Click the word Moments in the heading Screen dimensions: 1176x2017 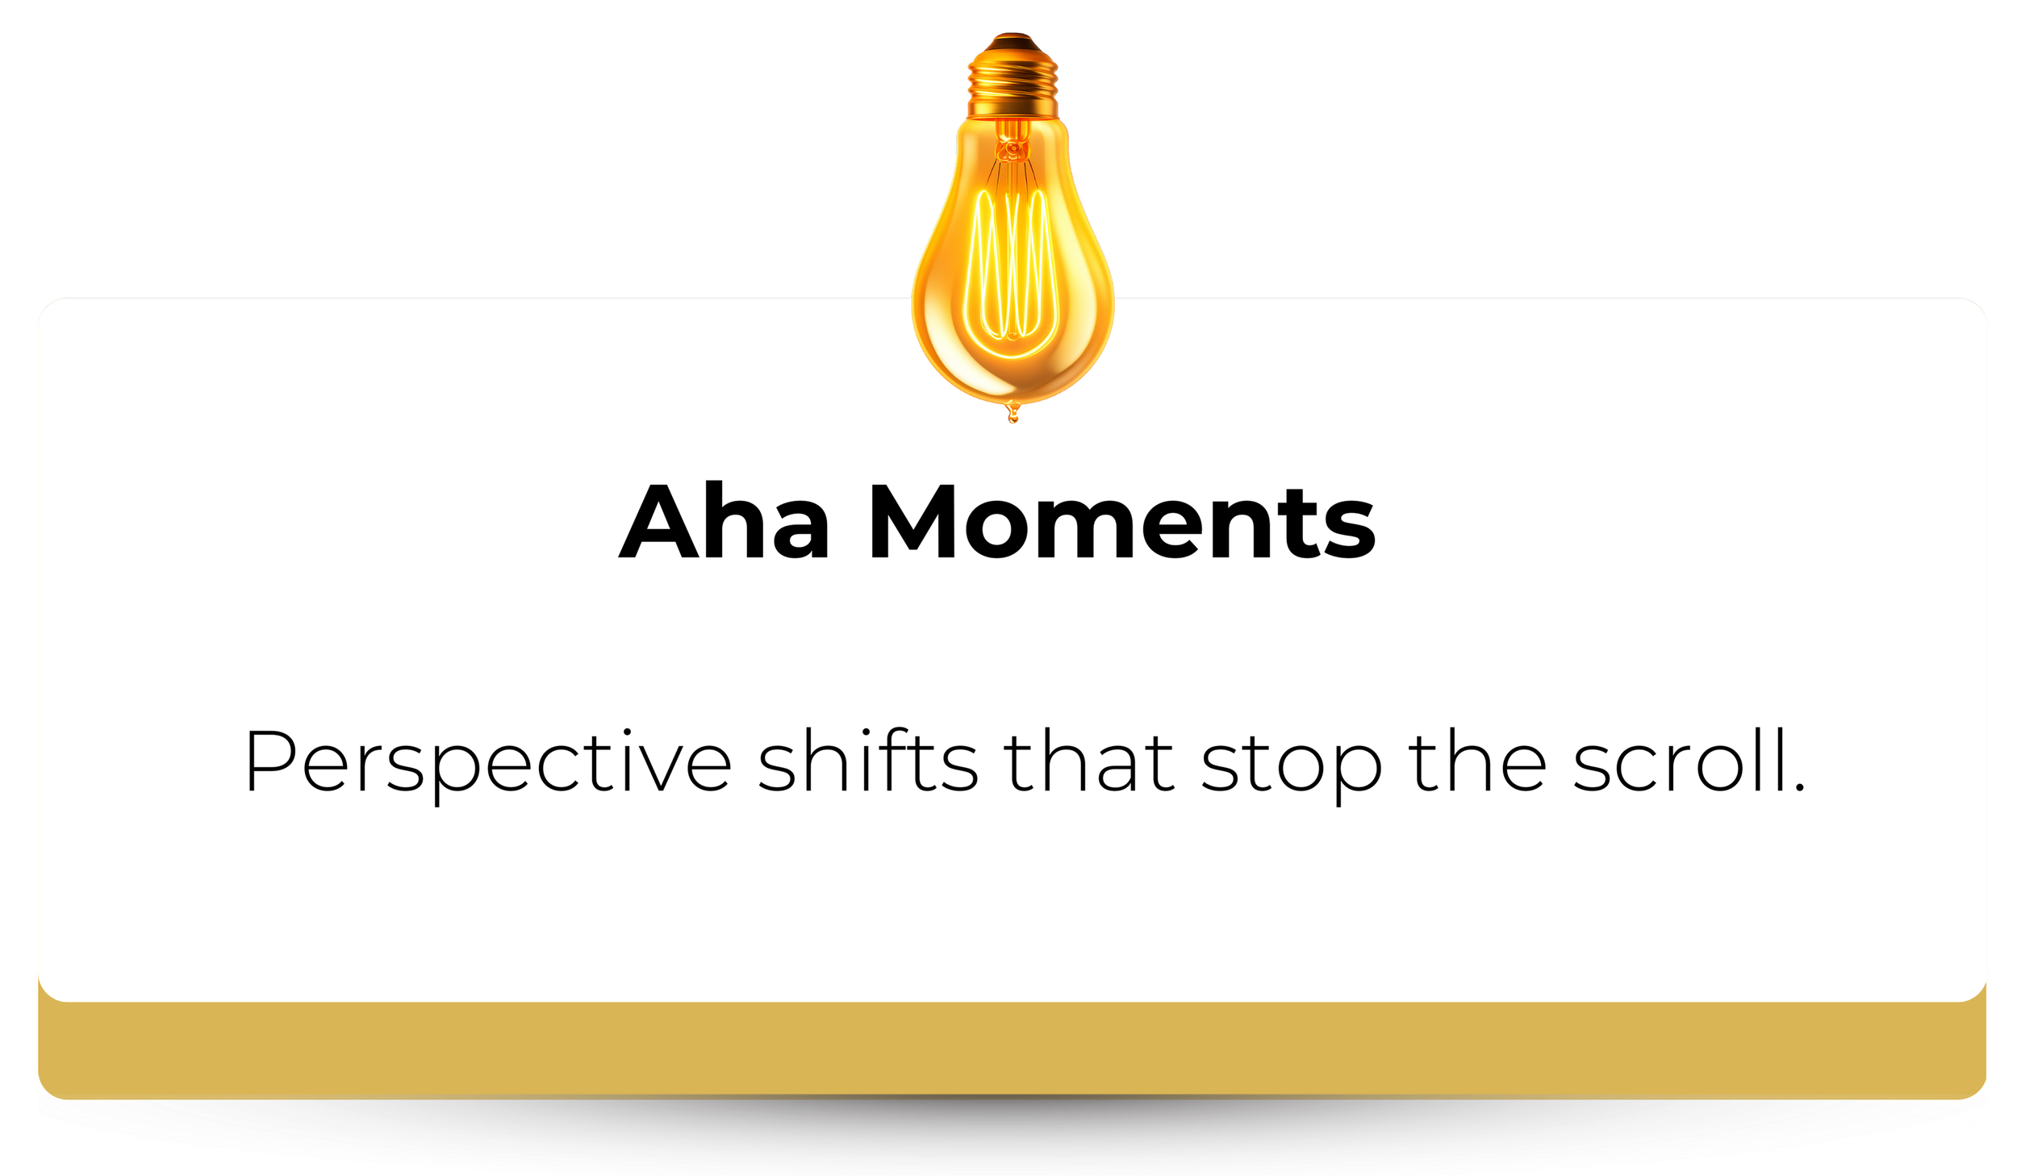tap(1121, 522)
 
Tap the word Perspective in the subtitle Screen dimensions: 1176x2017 tap(487, 762)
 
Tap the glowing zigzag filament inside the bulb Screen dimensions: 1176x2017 tap(1013, 266)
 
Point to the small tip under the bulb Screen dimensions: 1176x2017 tap(1013, 415)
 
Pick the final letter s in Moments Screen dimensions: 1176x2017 tap(1349, 532)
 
